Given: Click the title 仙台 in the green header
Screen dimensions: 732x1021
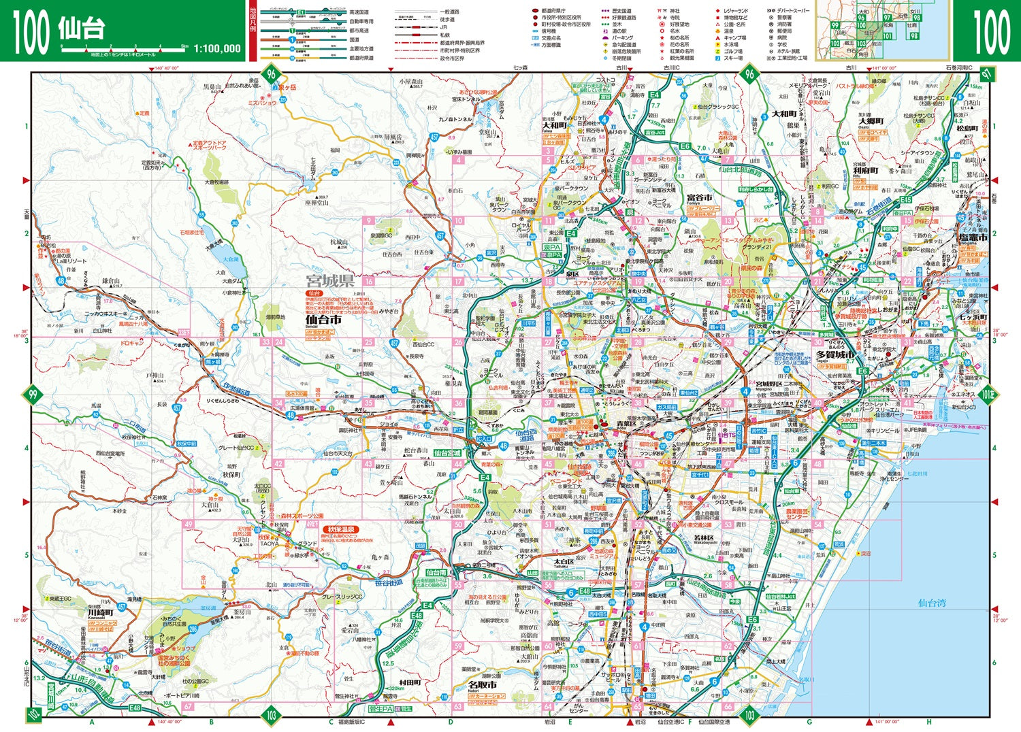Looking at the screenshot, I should tap(81, 29).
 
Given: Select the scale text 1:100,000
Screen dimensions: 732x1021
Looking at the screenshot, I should tap(217, 48).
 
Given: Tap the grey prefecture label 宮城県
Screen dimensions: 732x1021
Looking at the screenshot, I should tap(329, 280).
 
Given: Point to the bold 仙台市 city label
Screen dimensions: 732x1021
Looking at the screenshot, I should tap(323, 319).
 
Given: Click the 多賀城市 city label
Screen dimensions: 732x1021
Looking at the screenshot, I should tap(835, 354).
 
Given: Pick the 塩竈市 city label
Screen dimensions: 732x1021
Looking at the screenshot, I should tap(973, 238).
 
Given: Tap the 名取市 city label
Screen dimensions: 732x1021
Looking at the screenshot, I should tap(482, 685).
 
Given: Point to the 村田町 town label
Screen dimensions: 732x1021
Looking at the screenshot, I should tap(410, 682).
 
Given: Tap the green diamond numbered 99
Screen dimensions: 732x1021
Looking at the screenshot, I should tap(32, 394).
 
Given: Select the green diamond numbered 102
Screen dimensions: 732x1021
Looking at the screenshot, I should tap(33, 714).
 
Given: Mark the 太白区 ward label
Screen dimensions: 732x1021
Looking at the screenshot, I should tap(564, 561).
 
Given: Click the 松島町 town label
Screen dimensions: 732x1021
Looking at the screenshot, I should tap(967, 128).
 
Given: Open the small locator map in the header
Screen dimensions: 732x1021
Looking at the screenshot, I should tap(883, 30).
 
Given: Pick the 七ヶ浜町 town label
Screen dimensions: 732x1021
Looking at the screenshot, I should tap(973, 317).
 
